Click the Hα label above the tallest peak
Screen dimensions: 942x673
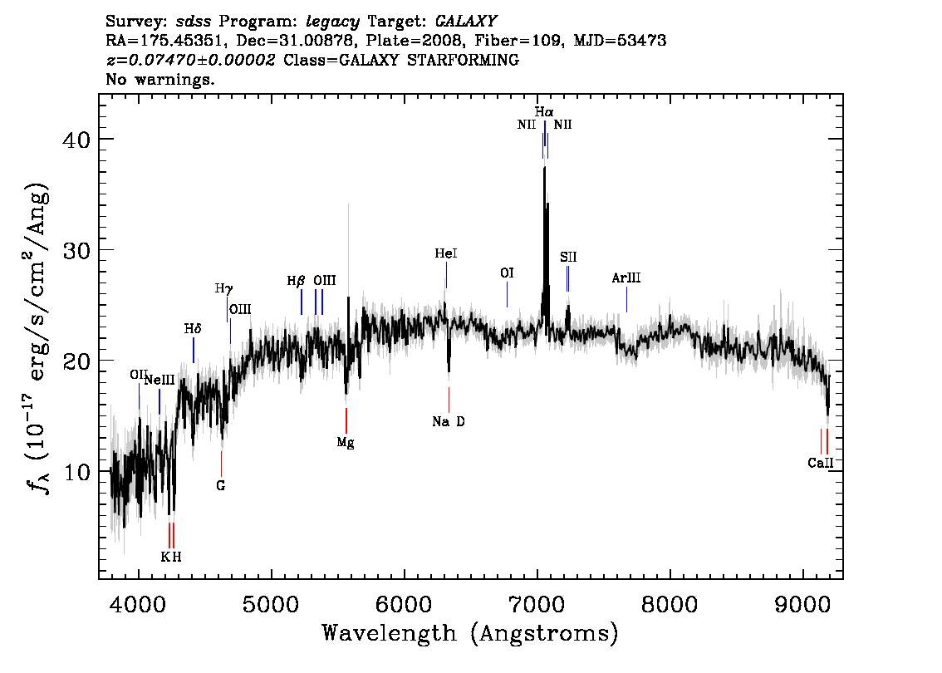pos(544,112)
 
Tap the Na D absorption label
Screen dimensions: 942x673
pos(449,422)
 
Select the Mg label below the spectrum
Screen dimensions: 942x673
pos(346,443)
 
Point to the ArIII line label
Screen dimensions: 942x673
pos(626,278)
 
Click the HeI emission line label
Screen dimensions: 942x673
pos(446,253)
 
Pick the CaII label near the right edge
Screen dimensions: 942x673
pos(821,463)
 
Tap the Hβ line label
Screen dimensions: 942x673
pos(297,281)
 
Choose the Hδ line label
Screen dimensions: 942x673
pos(193,329)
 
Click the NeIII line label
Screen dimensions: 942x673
pos(159,380)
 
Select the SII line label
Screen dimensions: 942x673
pos(568,258)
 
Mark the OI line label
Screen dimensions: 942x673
pos(507,273)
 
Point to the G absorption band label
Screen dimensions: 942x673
pos(220,485)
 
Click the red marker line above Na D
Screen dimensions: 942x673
pos(449,400)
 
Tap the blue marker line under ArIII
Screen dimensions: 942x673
pos(626,299)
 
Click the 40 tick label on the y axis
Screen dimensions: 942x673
pos(76,140)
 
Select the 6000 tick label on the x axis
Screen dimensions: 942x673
pos(405,605)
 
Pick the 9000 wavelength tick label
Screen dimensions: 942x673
pos(802,605)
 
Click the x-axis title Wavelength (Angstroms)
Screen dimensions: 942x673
pos(470,633)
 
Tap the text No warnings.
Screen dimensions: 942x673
pos(159,79)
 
